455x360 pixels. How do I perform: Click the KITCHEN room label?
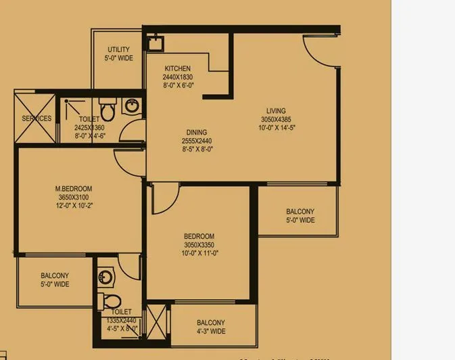tap(178, 68)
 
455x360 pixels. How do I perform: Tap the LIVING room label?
tap(276, 111)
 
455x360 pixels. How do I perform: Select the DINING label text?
tap(197, 133)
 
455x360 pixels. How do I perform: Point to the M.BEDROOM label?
tap(74, 188)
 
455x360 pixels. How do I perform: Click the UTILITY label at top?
tap(119, 50)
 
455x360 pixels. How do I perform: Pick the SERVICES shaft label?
tap(37, 118)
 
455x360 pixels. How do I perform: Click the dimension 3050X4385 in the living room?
tap(276, 119)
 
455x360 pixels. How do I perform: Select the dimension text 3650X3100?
tap(74, 197)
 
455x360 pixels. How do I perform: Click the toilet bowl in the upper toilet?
tap(106, 108)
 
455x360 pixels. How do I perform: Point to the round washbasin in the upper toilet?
tap(130, 106)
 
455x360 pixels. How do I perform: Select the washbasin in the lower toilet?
tap(105, 276)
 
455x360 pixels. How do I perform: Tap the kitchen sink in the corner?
tap(154, 43)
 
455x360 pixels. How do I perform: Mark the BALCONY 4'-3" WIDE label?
tap(211, 327)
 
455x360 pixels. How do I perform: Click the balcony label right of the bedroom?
tap(300, 216)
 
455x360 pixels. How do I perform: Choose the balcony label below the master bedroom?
tap(55, 279)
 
